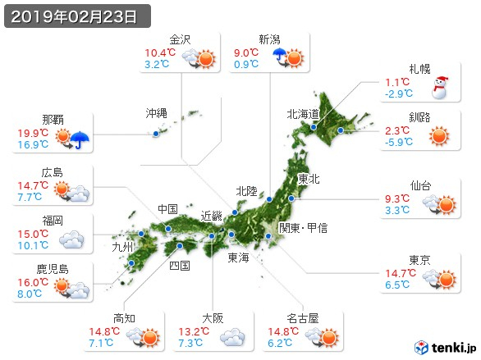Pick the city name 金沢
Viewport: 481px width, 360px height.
point(180,39)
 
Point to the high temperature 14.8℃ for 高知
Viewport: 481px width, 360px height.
point(127,331)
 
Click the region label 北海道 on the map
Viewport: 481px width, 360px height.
point(303,114)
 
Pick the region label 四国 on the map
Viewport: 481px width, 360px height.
point(180,265)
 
